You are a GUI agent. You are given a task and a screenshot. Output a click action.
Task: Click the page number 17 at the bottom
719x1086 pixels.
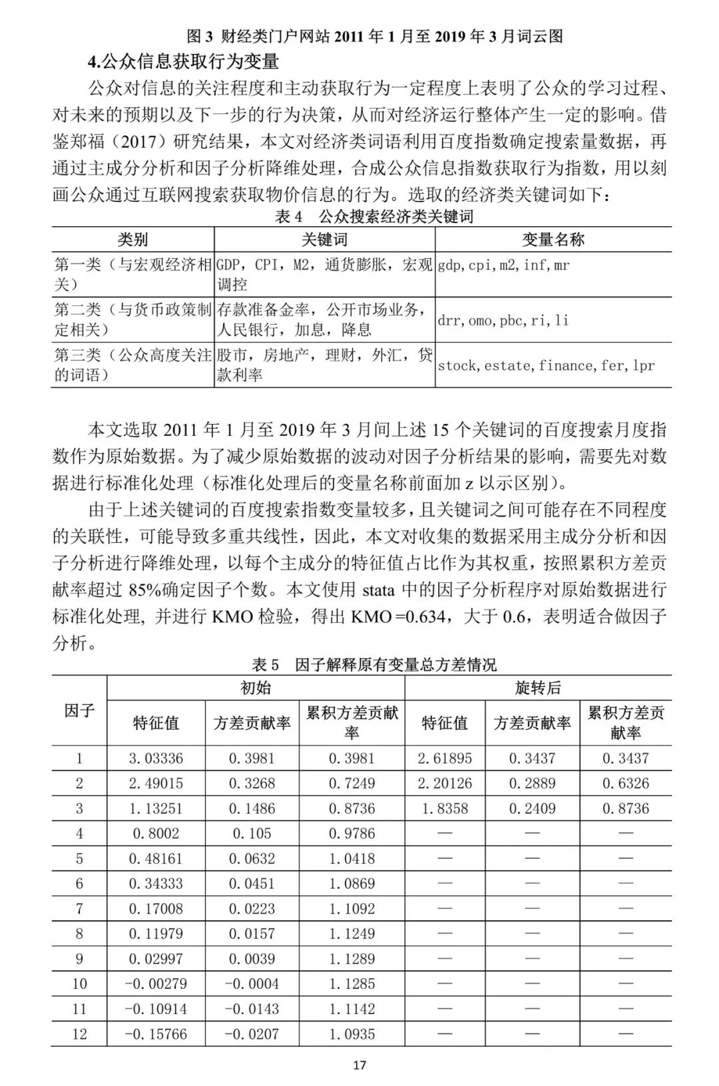click(359, 1065)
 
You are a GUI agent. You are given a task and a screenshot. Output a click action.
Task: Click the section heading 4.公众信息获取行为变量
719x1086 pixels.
click(183, 62)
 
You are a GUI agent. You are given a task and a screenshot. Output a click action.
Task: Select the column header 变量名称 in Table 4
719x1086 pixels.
click(553, 240)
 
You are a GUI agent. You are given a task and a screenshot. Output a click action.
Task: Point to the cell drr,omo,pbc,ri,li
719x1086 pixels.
click(503, 320)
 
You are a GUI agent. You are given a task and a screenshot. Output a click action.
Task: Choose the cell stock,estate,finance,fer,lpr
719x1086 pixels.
click(546, 365)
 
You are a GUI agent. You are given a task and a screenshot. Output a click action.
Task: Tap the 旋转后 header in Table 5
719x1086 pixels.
click(538, 687)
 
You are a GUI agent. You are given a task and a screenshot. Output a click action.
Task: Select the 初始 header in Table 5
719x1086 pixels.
click(256, 687)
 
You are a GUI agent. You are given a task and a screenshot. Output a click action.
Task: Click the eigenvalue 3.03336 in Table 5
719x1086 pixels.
click(156, 758)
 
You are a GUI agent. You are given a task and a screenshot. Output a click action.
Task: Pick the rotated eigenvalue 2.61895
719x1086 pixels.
click(445, 758)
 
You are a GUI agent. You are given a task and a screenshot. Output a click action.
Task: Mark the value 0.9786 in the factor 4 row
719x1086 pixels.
click(352, 833)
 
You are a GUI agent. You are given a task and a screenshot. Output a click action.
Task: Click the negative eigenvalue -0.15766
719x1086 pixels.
click(156, 1034)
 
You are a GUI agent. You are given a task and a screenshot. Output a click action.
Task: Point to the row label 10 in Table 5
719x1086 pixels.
click(79, 984)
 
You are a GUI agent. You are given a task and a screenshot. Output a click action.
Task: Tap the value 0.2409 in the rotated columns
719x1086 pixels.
click(532, 809)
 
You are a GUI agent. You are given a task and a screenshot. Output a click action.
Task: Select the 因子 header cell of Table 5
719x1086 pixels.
click(79, 711)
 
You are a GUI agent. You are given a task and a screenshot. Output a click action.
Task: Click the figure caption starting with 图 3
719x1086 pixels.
click(375, 36)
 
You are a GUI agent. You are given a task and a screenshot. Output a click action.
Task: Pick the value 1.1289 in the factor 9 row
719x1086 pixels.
click(352, 959)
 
